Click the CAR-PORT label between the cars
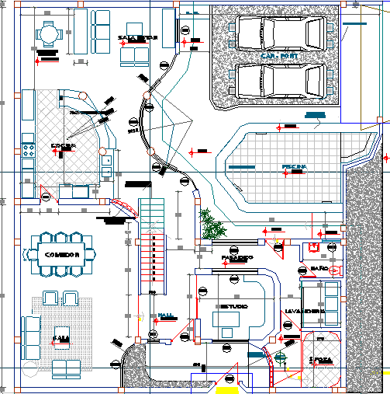coord(278,57)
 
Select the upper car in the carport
coord(279,33)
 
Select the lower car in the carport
coord(279,80)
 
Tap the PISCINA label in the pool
coord(295,167)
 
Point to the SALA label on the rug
coord(59,338)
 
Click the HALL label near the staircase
coord(166,315)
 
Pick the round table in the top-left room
coord(49,34)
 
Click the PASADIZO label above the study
coord(237,257)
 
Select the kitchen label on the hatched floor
coord(62,145)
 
